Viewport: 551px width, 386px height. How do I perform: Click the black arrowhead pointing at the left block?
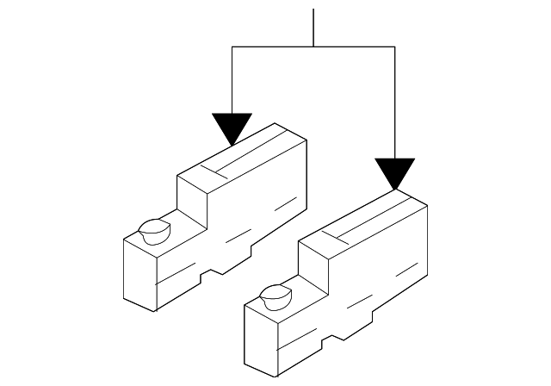233,128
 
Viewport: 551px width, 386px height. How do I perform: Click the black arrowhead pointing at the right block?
395,171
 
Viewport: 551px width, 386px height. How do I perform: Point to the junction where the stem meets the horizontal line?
314,47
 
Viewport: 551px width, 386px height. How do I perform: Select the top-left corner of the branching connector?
233,47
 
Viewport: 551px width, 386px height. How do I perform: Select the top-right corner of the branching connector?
395,47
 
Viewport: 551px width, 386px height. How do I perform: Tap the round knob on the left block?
154,231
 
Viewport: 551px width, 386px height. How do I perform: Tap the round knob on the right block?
275,296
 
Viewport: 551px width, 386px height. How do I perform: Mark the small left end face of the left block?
139,274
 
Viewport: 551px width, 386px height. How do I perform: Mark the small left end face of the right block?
260,339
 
